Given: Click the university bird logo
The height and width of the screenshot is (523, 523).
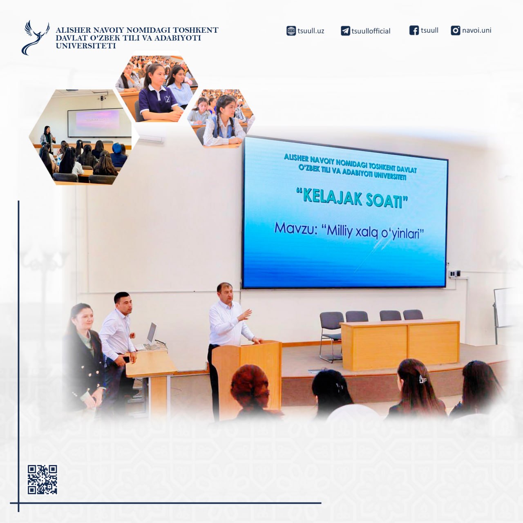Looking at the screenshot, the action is [35, 38].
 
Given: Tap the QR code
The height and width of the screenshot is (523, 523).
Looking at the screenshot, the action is [42, 480].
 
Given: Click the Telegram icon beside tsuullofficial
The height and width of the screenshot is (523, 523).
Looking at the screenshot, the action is [345, 31].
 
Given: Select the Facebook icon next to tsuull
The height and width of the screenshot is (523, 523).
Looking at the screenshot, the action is [414, 30].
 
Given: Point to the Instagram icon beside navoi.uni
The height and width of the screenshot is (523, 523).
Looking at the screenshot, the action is [456, 30].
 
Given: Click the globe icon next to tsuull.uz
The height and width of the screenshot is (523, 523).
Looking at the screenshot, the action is [291, 31].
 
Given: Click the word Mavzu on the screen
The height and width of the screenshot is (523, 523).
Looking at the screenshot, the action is [296, 229].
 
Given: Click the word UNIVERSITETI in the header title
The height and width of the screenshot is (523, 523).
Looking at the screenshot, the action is [86, 46].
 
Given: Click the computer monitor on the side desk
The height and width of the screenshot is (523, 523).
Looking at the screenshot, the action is [152, 334].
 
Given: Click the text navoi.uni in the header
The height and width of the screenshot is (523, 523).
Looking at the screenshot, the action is [476, 30].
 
